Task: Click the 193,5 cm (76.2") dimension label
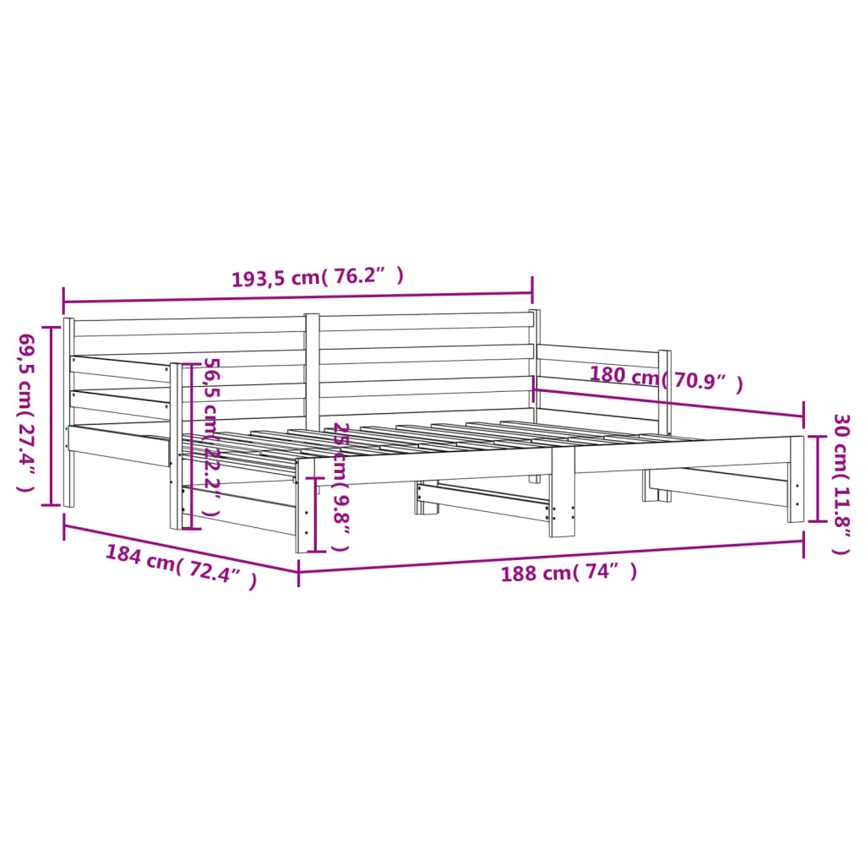pyautogui.click(x=318, y=277)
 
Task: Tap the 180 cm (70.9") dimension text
pyautogui.click(x=666, y=378)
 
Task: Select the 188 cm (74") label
pyautogui.click(x=569, y=574)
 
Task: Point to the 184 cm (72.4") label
pyautogui.click(x=181, y=566)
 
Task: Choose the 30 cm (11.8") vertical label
pyautogui.click(x=841, y=483)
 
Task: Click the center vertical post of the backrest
pyautogui.click(x=313, y=372)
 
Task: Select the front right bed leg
pyautogui.click(x=797, y=479)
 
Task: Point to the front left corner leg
pyautogui.click(x=304, y=505)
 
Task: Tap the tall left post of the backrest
pyautogui.click(x=68, y=412)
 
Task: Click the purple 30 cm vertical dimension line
pyautogui.click(x=816, y=479)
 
